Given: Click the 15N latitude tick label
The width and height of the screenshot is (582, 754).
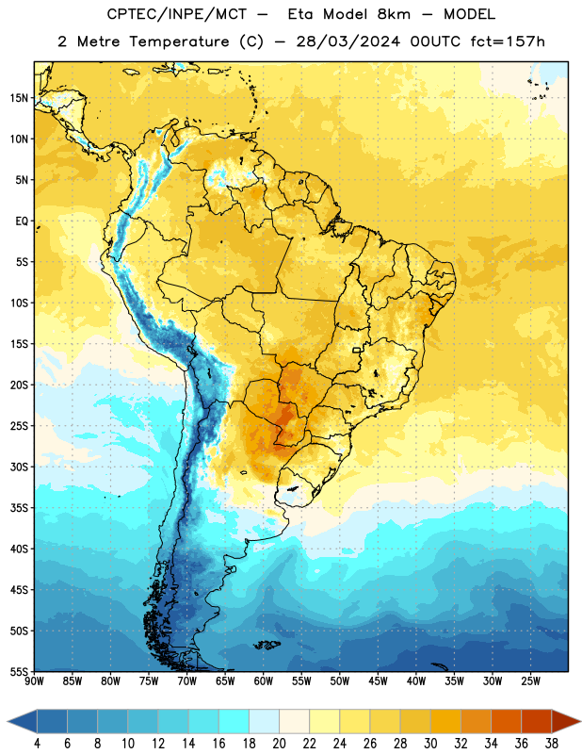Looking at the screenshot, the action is coord(19,98).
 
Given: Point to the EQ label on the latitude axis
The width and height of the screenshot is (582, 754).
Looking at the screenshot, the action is coord(22,221).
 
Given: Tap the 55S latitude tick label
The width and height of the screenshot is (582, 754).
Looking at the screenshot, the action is coord(19,671).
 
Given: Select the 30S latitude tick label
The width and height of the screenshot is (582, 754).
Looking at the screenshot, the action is coord(19,467).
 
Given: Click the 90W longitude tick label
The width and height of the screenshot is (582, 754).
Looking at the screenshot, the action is coord(34,681).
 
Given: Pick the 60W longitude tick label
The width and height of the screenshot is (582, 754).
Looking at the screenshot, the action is coord(264,681).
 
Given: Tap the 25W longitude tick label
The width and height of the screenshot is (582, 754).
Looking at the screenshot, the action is coord(530,681).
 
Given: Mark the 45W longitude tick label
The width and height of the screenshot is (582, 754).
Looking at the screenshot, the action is coord(378,681).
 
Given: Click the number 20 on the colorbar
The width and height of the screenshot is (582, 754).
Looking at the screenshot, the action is coord(279,744).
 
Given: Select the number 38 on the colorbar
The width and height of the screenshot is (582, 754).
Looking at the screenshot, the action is coord(552,744).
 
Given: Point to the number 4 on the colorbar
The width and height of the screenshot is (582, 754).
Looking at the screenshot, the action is coord(37,744).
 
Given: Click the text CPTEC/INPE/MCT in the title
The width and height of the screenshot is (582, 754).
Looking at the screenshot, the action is coord(177,14).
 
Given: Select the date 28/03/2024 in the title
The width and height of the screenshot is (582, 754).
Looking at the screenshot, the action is coord(348,41).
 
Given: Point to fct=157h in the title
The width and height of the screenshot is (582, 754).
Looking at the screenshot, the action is coord(508,41).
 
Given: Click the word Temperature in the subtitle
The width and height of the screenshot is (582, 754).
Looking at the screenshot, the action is coord(179,42).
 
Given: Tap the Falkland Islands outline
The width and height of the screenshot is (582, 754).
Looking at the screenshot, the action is coord(267,645).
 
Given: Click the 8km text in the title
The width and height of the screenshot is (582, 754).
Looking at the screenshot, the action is coord(394,14).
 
